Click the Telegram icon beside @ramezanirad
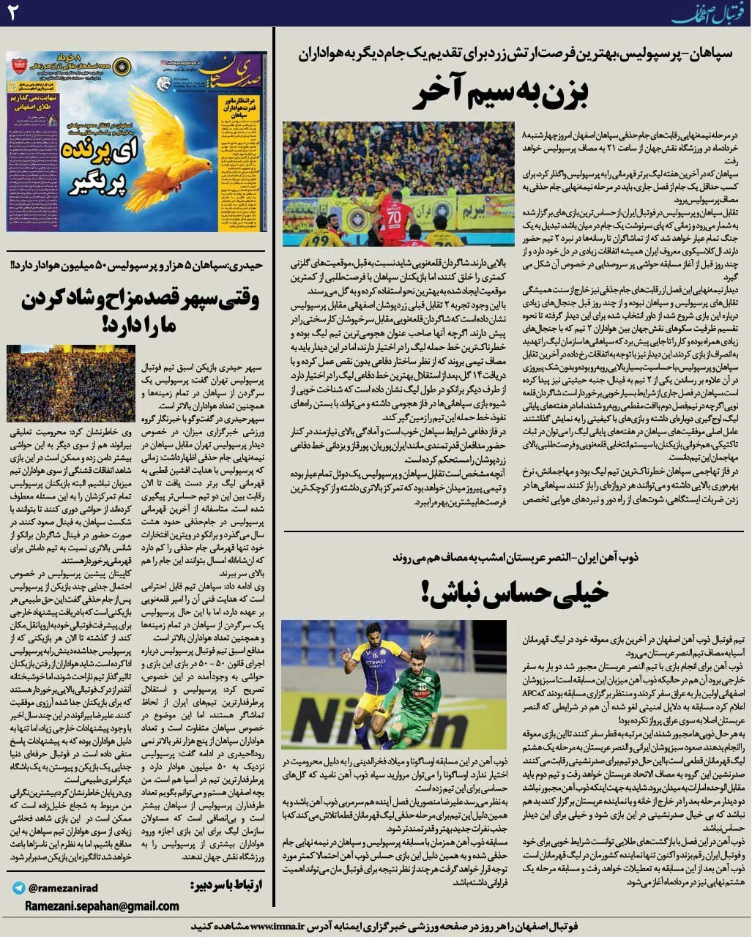click(18, 888)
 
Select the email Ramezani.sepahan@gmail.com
click(103, 906)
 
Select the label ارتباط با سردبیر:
click(228, 885)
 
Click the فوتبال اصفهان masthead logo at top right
click(711, 12)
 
